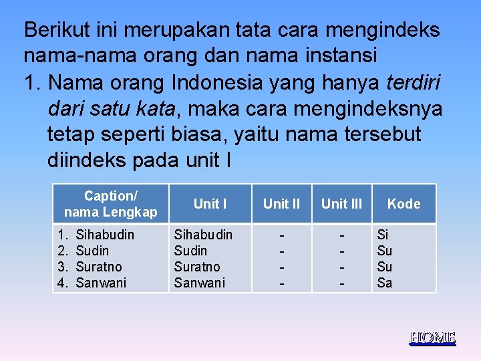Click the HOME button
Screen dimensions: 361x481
[x=432, y=338]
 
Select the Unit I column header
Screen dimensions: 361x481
[x=210, y=204]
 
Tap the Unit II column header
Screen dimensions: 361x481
[x=281, y=204]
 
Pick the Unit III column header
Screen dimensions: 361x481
[x=341, y=204]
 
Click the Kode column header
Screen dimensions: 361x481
[x=404, y=204]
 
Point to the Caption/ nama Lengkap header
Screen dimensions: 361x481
[x=110, y=204]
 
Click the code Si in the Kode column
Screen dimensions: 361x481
[x=383, y=235]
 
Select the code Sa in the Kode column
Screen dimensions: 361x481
[x=385, y=283]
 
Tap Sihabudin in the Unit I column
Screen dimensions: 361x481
[x=203, y=235]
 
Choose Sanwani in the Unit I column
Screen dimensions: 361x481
[x=199, y=283]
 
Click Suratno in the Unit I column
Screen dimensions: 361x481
[x=197, y=267]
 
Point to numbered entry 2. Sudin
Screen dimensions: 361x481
[x=84, y=251]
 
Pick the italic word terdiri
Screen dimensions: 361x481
[x=414, y=82]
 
